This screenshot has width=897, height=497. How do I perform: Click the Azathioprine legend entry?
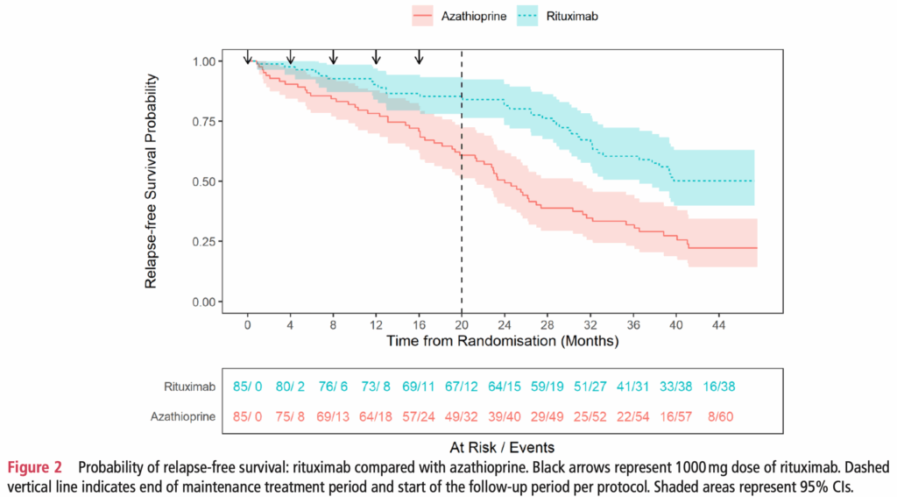[x=460, y=16]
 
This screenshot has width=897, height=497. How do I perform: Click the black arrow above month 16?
[x=419, y=57]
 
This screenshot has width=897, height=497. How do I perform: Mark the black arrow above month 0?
[x=248, y=57]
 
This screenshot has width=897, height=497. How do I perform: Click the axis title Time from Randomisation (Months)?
[x=503, y=339]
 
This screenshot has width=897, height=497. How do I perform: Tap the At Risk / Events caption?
[x=503, y=448]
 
